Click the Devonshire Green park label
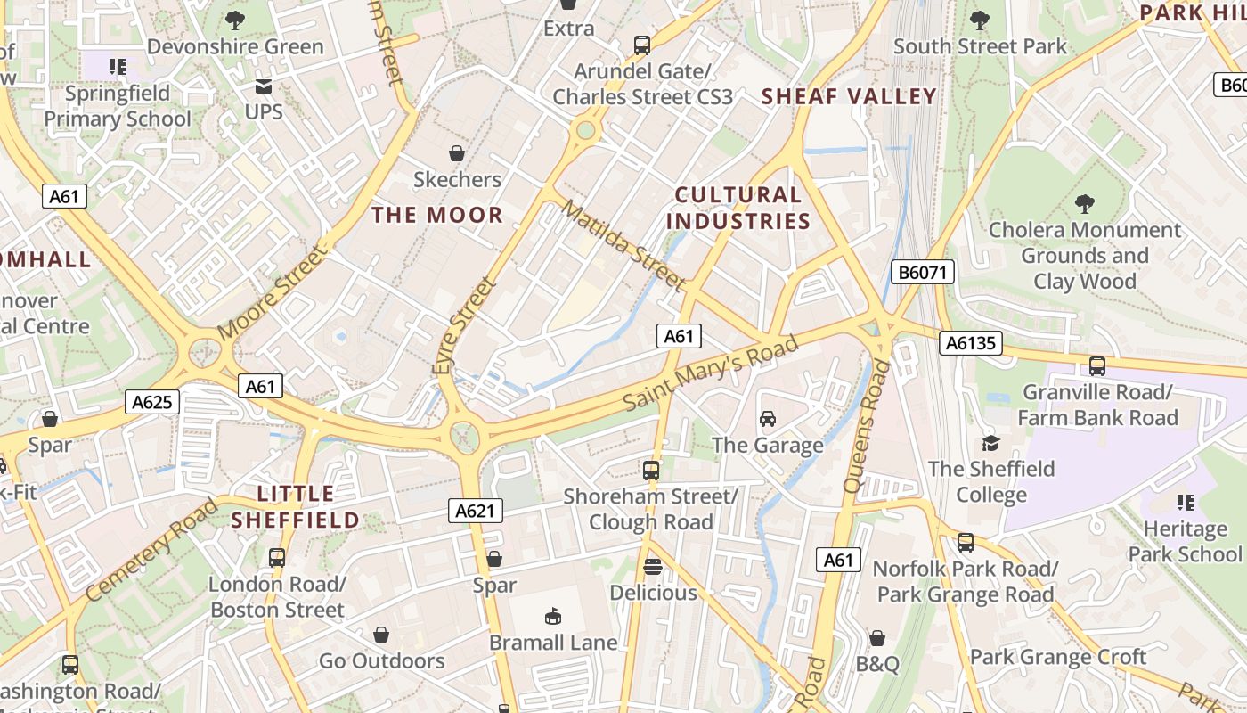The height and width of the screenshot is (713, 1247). coord(235,47)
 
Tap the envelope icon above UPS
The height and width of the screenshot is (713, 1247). coord(264,86)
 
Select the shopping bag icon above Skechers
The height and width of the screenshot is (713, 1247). coord(457,154)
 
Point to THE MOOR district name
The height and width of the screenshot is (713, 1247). coord(437,215)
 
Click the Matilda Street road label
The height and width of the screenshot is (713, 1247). coord(624,245)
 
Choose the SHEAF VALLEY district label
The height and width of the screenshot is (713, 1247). coord(849,96)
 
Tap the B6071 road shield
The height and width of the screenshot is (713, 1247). coord(923,272)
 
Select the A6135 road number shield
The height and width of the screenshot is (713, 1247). coord(971,343)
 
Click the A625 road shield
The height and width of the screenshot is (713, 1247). coord(151,402)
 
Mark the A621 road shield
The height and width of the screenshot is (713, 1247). coord(475,511)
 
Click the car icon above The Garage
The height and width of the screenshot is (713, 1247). coord(767,419)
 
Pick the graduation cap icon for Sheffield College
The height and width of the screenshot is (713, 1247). coord(990,443)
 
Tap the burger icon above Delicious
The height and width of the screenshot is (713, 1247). coord(653,567)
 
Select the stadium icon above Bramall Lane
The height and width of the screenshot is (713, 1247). coord(552,616)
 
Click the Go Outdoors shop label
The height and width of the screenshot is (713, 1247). coord(382,660)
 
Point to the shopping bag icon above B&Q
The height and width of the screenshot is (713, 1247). coord(877,638)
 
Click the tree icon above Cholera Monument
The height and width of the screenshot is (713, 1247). coord(1084,204)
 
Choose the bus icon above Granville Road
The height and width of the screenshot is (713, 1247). coord(1097,366)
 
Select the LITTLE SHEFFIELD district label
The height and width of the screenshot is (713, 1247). coord(296,507)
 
